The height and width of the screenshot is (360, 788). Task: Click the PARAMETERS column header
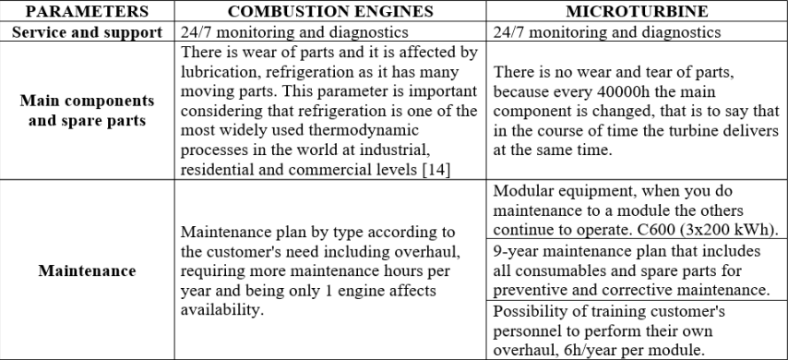86,11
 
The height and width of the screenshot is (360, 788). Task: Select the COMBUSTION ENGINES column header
330,11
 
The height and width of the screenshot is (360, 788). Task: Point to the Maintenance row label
86,271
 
